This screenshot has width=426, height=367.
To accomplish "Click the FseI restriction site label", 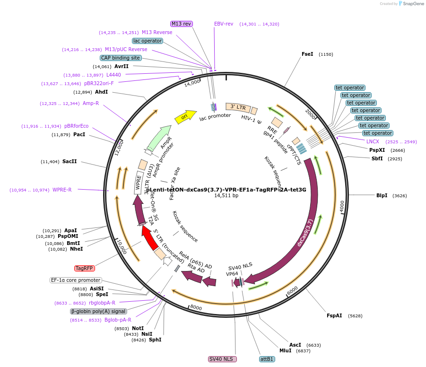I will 307,54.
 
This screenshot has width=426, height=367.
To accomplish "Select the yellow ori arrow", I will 185,117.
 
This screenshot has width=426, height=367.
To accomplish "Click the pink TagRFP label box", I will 85,268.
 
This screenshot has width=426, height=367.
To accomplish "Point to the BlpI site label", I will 382,195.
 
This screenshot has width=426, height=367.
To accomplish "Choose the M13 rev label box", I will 181,24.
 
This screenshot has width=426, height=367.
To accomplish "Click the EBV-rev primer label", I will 224,24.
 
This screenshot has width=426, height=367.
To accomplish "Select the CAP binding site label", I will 121,58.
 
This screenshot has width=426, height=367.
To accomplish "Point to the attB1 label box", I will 267,359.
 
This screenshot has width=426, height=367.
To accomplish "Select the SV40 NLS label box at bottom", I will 223,359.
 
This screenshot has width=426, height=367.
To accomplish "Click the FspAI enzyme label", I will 334,315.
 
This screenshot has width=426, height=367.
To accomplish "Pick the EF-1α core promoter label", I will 76,280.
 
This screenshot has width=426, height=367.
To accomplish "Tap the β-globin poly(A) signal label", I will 99,311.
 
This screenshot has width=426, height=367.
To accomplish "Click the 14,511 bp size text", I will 226,195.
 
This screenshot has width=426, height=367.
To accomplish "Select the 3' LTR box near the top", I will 238,107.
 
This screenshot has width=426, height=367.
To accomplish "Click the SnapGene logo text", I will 411,4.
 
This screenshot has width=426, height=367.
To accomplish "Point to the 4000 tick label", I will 342,207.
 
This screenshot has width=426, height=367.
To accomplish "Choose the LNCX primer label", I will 373,141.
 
